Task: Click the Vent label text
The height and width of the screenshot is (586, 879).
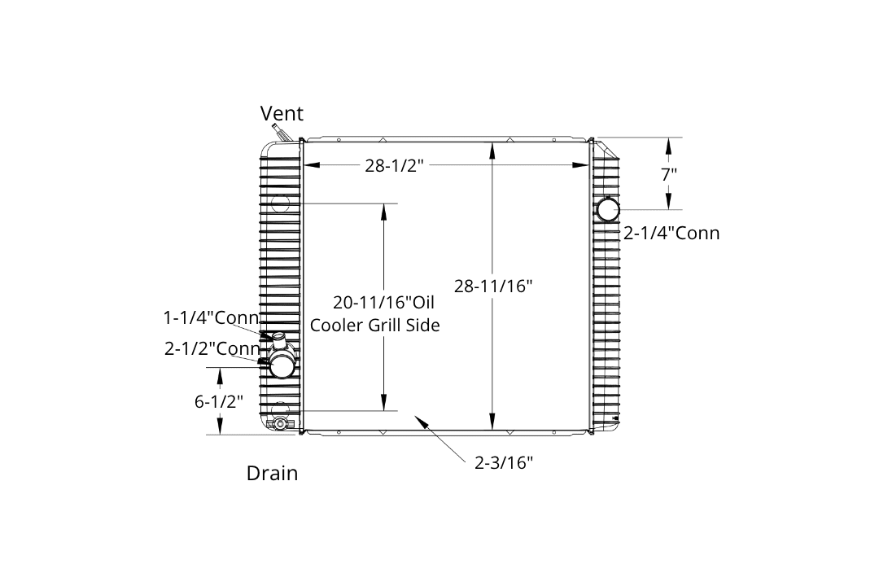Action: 282,113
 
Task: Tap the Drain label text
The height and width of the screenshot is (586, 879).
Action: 272,473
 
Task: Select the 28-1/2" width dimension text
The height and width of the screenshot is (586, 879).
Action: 396,166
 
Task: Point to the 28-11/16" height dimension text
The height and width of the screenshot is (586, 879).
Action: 493,286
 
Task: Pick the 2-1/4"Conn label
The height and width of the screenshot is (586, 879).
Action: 671,234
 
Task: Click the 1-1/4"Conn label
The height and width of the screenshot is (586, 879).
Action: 211,317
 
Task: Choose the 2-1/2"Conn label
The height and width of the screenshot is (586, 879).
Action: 212,348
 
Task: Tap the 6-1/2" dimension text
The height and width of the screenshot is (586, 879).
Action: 219,401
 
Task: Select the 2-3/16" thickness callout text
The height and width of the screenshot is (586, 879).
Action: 504,463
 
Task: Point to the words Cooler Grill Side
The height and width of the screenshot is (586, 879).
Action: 375,325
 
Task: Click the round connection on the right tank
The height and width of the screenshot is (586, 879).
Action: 608,210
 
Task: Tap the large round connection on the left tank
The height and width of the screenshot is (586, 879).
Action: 282,364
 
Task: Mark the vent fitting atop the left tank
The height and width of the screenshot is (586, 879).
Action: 281,133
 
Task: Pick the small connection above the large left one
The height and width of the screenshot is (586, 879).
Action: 278,337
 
